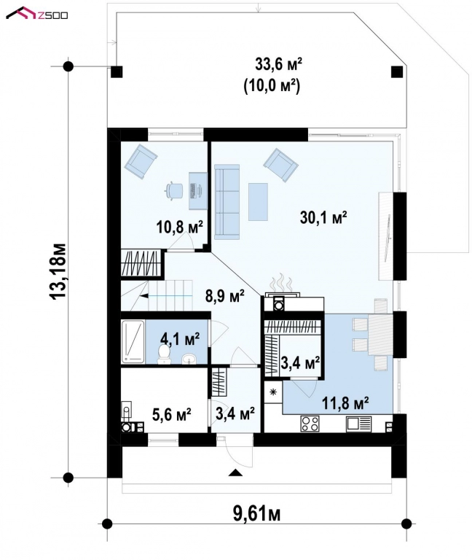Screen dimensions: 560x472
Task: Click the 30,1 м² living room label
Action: click(x=323, y=217)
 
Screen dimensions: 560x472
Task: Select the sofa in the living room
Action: click(x=227, y=201)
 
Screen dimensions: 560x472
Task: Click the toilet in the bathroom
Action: click(x=164, y=355)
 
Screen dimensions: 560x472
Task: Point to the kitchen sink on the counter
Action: click(x=359, y=423)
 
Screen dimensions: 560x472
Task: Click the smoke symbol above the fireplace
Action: click(x=279, y=283)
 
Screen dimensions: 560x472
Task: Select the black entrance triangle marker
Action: click(x=235, y=473)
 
